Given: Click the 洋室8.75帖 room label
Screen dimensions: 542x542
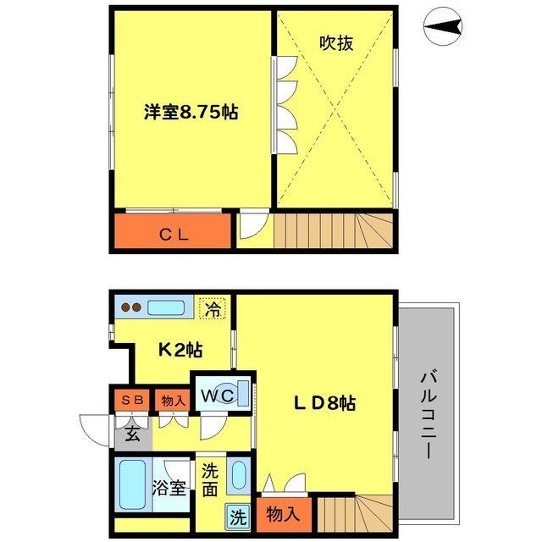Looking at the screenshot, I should coord(190,113).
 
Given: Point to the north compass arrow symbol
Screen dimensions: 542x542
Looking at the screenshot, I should coord(445,31).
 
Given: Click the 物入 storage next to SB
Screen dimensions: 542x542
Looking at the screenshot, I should coord(173,400).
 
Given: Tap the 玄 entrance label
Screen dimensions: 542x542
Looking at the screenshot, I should coord(133,435).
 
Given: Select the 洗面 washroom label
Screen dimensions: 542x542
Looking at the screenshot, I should coord(210,479).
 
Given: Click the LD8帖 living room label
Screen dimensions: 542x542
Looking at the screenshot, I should coord(324,404).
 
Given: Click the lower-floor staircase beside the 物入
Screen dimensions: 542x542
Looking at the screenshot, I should coord(356,512).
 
